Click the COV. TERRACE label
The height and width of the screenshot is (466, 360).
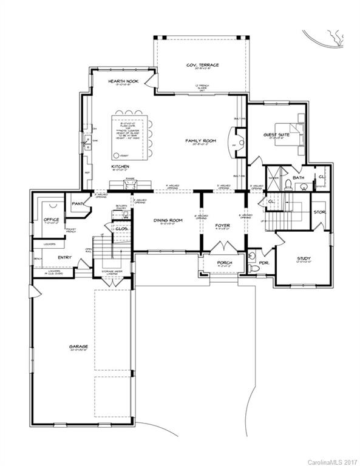click(x=203, y=65)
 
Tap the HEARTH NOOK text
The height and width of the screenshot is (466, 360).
click(x=120, y=80)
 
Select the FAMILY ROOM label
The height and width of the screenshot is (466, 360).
click(x=200, y=140)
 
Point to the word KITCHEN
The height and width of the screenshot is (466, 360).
click(x=120, y=166)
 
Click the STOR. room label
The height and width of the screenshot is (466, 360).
click(x=319, y=212)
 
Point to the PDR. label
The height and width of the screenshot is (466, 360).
click(x=264, y=263)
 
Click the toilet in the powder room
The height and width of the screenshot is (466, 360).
click(x=252, y=255)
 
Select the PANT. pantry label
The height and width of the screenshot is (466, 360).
click(x=77, y=204)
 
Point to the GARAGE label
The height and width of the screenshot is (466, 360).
click(x=78, y=346)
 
